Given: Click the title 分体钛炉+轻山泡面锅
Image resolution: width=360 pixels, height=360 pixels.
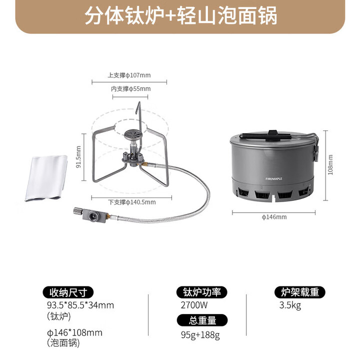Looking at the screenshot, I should tap(180, 16).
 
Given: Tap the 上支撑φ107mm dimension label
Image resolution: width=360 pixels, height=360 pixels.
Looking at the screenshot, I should tap(129, 75).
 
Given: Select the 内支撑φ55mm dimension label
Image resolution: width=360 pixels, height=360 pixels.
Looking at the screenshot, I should tap(130, 89).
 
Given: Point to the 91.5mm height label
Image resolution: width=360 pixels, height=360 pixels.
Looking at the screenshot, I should tap(78, 156).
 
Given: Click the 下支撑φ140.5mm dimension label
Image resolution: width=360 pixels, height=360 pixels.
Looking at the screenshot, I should tap(132, 202).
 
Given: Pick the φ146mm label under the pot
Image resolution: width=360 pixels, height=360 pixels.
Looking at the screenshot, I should tap(274, 216).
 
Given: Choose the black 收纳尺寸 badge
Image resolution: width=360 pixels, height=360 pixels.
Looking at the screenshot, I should tap(68, 292).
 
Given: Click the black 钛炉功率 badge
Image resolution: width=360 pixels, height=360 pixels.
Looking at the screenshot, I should tap(202, 292).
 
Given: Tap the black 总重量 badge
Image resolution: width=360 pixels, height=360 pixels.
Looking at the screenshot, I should tap(202, 320).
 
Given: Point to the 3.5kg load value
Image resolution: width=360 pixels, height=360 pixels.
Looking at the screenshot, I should tap(290, 305).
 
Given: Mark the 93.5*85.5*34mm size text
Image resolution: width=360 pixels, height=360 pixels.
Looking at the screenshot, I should tap(80, 305).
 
